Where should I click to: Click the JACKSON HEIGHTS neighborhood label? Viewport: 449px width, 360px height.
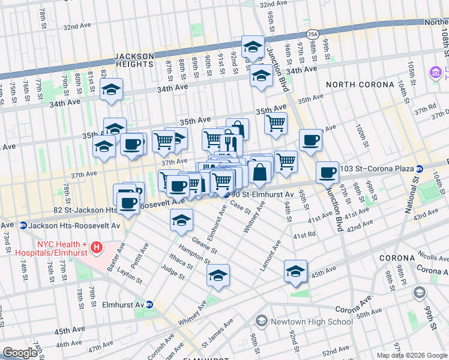(x=133, y=60)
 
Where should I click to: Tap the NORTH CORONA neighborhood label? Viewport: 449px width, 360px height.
(x=355, y=85)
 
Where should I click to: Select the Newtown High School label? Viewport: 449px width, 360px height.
(x=311, y=322)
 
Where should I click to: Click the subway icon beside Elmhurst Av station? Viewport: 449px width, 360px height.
(x=149, y=304)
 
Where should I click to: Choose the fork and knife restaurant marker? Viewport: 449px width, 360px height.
(x=231, y=144)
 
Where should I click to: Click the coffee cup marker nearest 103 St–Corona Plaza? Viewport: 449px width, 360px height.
(x=328, y=172)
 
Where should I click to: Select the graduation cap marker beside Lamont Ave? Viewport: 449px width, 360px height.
(x=295, y=271)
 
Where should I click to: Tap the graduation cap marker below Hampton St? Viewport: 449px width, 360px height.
(x=218, y=275)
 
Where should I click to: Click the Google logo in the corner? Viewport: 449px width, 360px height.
(x=20, y=353)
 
